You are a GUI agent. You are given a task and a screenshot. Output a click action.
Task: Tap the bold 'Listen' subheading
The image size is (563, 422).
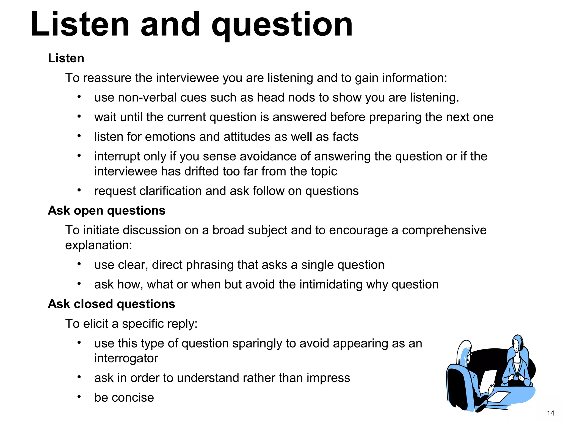tap(66, 58)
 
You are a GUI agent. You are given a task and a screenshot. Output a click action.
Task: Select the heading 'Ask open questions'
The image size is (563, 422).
tap(107, 211)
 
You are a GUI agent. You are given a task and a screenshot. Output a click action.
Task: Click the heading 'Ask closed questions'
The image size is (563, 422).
tap(111, 304)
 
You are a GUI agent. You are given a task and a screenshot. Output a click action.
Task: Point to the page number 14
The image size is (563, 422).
tap(550, 413)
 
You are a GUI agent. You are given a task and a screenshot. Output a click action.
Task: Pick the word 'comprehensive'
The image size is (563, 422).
tap(444, 230)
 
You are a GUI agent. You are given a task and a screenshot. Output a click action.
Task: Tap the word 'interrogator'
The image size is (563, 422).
tap(126, 358)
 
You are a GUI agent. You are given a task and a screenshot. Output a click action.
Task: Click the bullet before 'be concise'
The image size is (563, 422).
tap(79, 397)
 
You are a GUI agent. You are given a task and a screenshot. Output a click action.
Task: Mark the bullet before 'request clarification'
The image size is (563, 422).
tap(79, 190)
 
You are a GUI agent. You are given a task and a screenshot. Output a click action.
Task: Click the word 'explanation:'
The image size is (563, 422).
tap(98, 245)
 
